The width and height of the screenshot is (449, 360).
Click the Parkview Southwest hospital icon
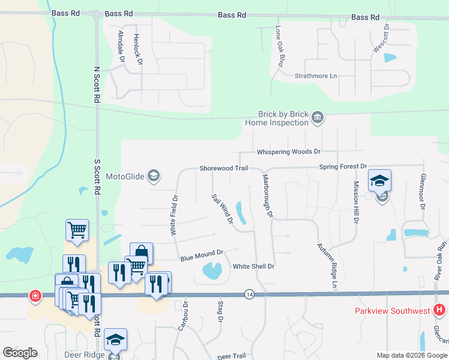pyautogui.click(x=439, y=310)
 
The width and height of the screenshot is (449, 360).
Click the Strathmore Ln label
pyautogui.click(x=316, y=76)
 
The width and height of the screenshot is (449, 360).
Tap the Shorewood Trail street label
pyautogui.click(x=224, y=169)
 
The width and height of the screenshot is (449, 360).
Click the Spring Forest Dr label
pyautogui.click(x=343, y=166)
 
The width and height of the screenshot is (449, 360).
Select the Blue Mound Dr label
pyautogui.click(x=202, y=256)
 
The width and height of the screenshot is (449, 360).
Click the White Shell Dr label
pyautogui.click(x=253, y=266)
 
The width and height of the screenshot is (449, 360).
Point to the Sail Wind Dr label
pyautogui.click(x=221, y=209)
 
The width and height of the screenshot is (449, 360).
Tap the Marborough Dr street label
pyautogui.click(x=268, y=196)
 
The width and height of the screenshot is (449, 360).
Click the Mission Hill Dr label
pyautogui.click(x=356, y=203)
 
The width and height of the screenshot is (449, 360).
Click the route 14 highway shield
pyautogui.click(x=249, y=294)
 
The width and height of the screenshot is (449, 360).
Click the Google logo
pyautogui.click(x=20, y=353)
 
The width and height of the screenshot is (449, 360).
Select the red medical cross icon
pyautogui.click(x=35, y=296)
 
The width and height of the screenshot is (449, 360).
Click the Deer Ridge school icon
pyautogui.click(x=115, y=340)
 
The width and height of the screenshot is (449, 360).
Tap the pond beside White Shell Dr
pyautogui.click(x=212, y=272)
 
